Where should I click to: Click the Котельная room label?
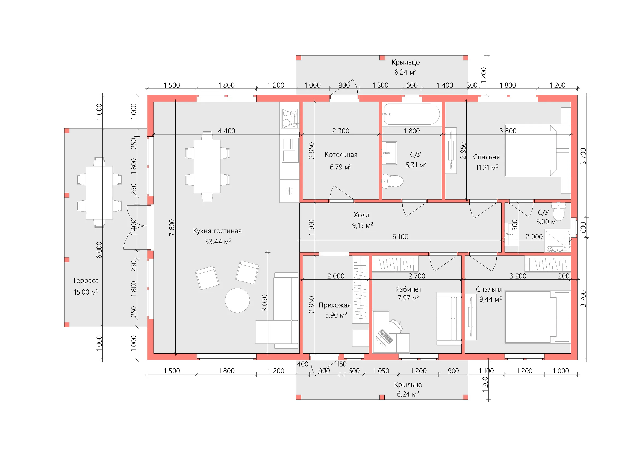341,155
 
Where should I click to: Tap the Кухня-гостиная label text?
217,231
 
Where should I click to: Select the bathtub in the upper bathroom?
412,114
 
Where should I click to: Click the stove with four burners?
290,119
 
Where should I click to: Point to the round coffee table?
237,300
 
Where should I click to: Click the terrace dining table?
99,193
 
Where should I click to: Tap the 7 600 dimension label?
172,227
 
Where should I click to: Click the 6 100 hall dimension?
400,237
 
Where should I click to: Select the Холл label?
361,215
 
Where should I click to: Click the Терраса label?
86,281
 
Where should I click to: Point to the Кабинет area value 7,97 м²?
408,298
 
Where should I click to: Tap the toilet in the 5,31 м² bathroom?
392,181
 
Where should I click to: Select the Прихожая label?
335,305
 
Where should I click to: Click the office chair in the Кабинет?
395,327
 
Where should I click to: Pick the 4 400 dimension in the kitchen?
226,131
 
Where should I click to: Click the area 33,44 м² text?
218,242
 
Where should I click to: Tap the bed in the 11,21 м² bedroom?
537,151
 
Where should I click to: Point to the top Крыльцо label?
406,62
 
